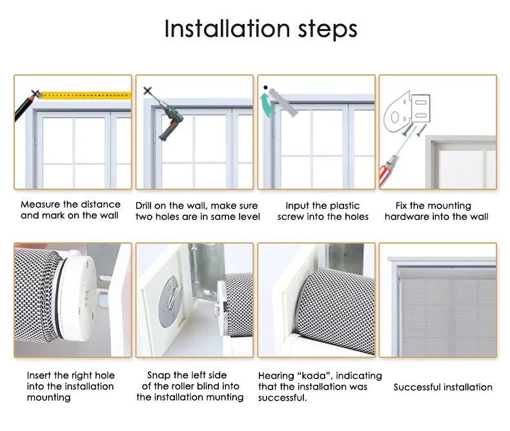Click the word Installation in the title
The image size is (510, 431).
pos(227,28)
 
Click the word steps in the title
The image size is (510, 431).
pos(328,30)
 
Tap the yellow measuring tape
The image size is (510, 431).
pos(86,96)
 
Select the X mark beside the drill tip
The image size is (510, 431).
pos(148,91)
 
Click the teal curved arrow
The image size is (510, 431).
pos(267,105)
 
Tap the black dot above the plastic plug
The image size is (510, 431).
pos(265,87)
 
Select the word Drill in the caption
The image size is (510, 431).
pos(143,205)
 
